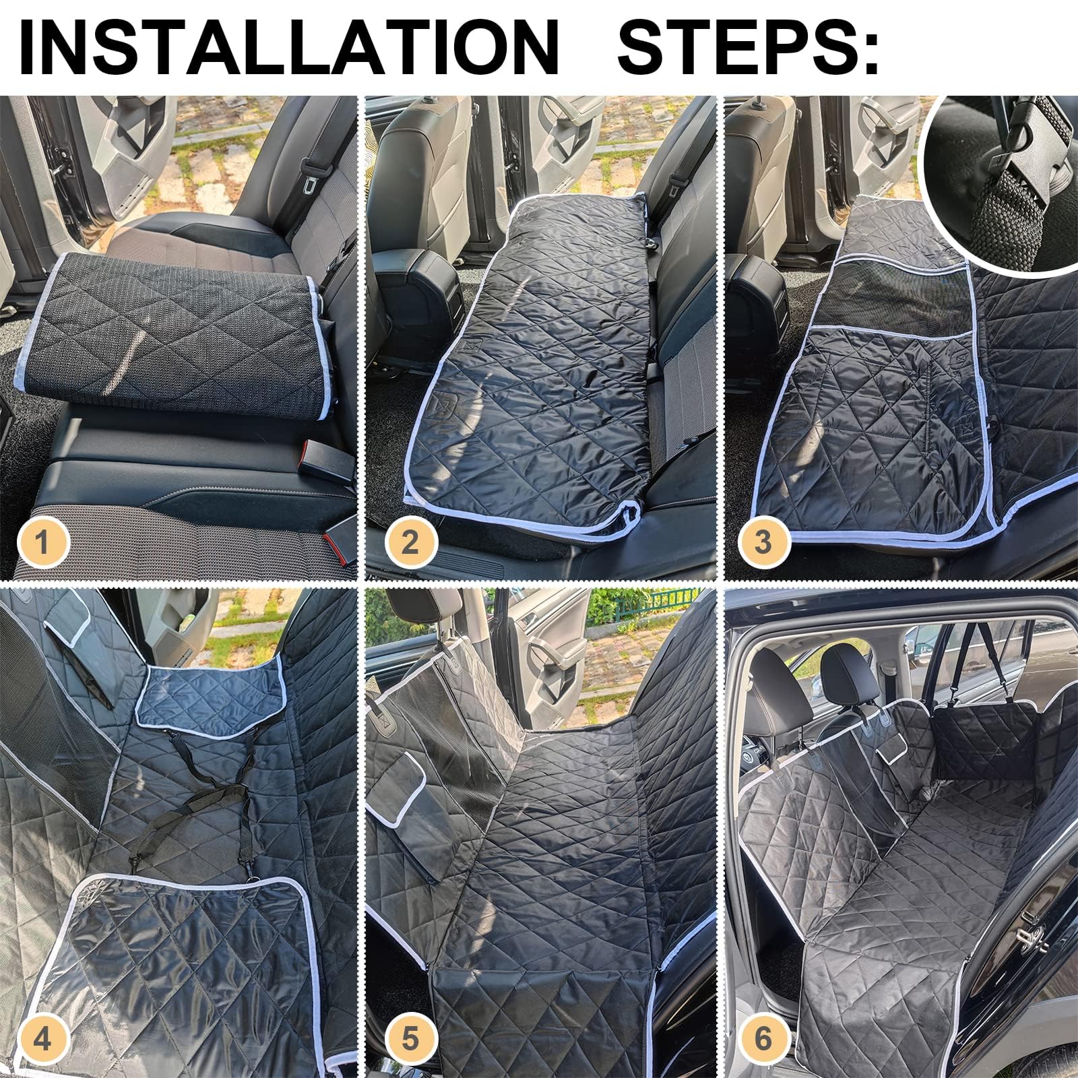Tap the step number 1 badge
[42, 542]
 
